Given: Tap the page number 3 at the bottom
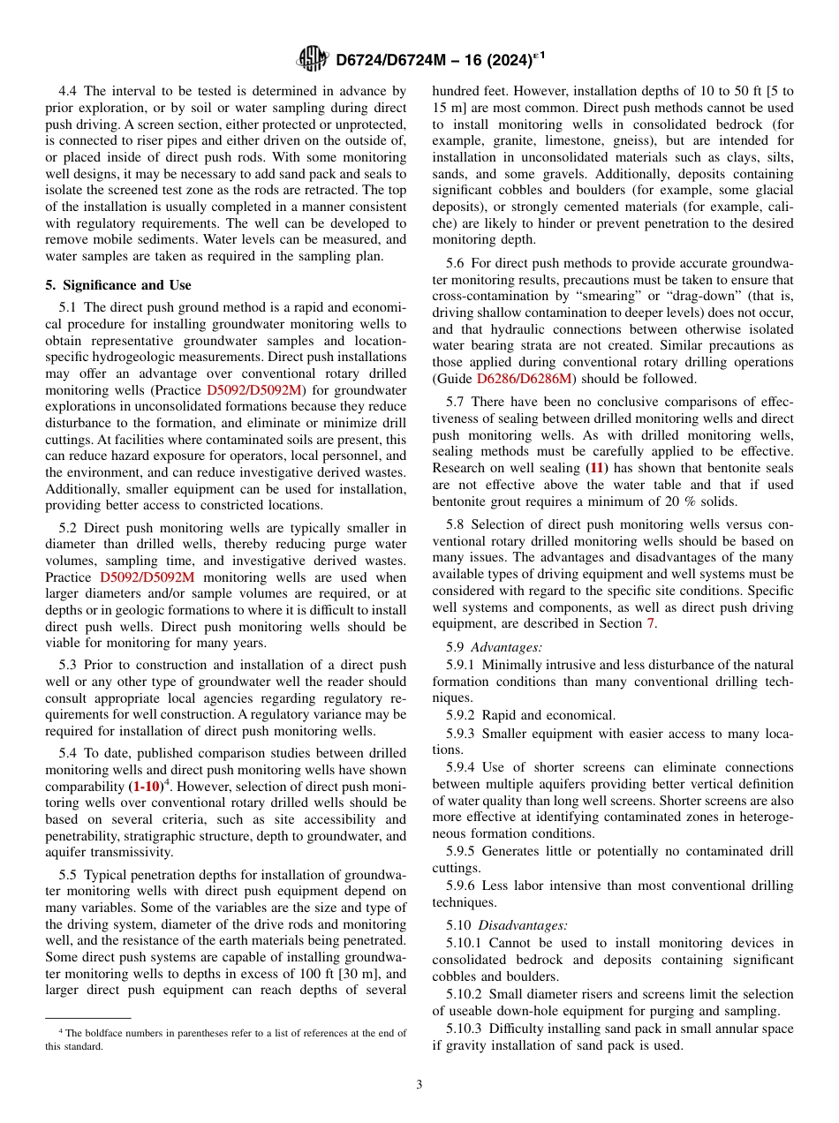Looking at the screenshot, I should coord(419,1084).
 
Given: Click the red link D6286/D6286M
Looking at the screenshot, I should coord(523,379).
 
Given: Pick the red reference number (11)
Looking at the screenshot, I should coord(598,468).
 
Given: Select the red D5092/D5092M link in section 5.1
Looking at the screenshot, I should coord(254,390).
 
